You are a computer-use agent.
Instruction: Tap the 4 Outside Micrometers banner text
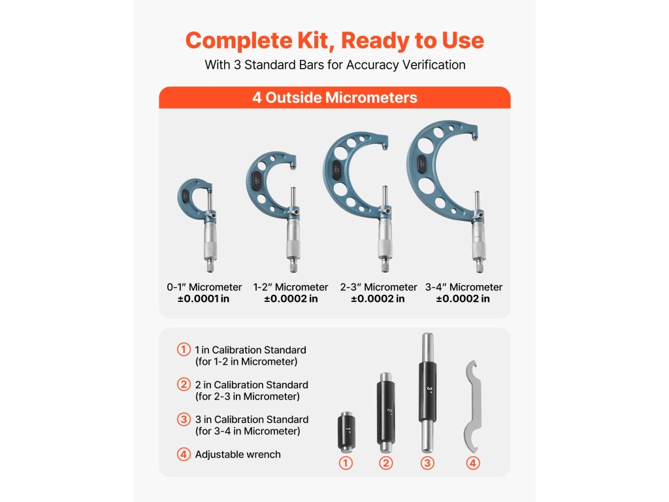[x=334, y=98]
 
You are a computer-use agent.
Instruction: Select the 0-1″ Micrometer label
[x=204, y=287]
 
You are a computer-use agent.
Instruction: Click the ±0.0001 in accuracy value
[x=204, y=299]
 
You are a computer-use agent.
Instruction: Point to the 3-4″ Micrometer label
[x=464, y=287]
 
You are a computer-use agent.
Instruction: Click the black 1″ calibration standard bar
[x=346, y=431]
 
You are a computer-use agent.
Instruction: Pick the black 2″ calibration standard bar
[x=385, y=412]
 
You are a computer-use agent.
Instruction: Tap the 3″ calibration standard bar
[x=427, y=393]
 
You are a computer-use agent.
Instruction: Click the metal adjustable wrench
[x=472, y=407]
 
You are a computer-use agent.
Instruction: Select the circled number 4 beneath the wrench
[x=473, y=463]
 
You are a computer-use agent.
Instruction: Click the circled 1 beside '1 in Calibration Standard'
[x=184, y=350]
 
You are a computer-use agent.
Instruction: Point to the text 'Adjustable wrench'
[x=238, y=455]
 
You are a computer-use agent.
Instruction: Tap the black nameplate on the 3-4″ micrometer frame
[x=422, y=164]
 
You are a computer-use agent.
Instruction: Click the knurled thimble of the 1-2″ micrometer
[x=293, y=248]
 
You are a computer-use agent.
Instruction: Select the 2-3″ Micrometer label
[x=378, y=287]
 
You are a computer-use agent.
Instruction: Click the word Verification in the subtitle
[x=434, y=65]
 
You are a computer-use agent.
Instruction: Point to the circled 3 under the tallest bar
[x=427, y=463]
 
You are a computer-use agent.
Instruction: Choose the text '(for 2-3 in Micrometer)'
[x=248, y=397]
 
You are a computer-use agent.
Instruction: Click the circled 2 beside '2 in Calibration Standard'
[x=184, y=384]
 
